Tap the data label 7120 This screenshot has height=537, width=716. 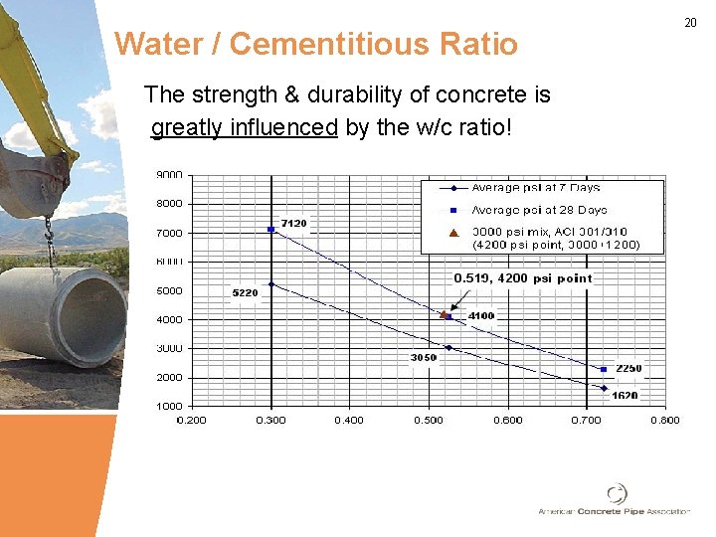[293, 223]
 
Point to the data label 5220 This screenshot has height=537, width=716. [245, 293]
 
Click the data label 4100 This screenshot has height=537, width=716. [480, 316]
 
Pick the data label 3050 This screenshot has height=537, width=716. [424, 358]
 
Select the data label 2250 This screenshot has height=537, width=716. [627, 368]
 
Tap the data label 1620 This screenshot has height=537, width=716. [625, 396]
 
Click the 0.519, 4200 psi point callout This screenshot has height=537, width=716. [522, 279]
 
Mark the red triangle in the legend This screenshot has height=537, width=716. [452, 233]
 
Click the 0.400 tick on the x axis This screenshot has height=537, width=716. [349, 420]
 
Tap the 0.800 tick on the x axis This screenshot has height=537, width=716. [664, 420]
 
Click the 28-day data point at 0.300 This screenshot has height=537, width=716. [270, 230]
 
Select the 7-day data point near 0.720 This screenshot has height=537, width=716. [604, 388]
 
